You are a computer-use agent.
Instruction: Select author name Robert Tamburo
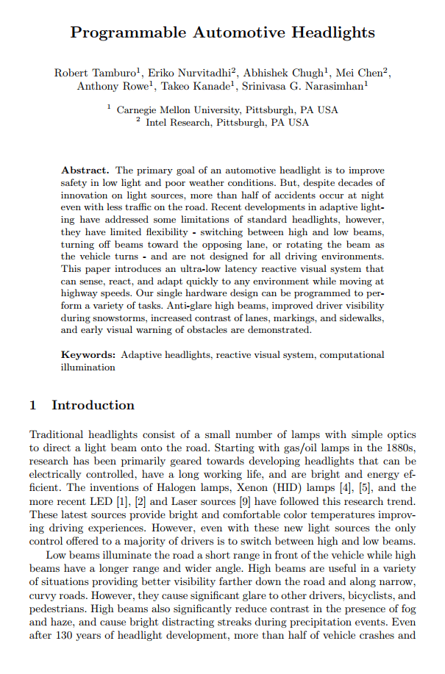click(93, 73)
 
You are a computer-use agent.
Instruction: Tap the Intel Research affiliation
click(177, 123)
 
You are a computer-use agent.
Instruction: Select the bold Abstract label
click(85, 170)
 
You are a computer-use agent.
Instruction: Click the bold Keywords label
click(88, 355)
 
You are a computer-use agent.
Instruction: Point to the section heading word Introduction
click(93, 406)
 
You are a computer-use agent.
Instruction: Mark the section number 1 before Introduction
click(33, 406)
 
